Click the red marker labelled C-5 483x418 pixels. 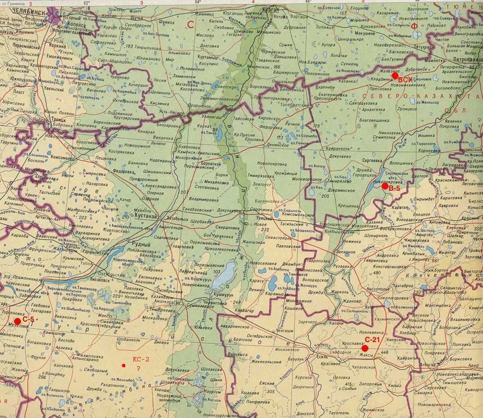pos(17,321)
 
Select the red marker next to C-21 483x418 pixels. pos(364,348)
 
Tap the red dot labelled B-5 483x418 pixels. pos(385,186)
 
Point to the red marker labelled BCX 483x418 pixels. pos(395,75)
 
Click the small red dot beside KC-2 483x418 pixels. pos(123,365)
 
